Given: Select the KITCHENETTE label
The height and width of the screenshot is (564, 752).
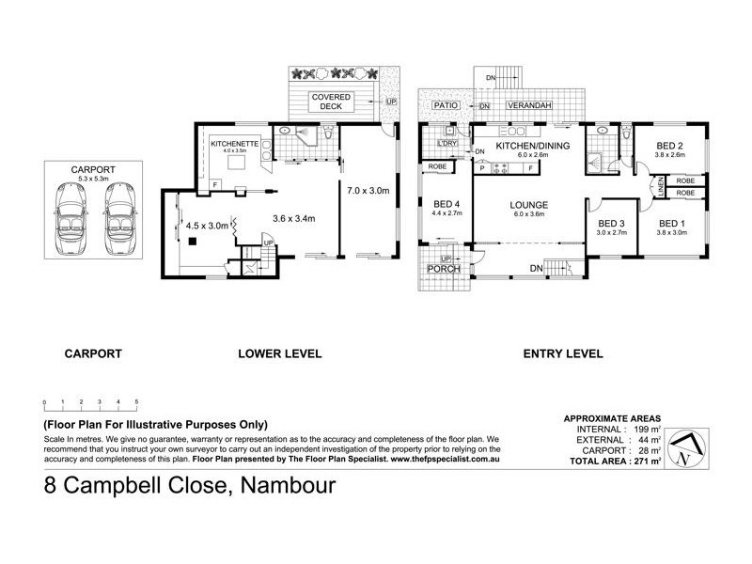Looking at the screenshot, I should click(228, 144).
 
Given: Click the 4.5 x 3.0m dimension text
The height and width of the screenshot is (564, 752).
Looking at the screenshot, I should click(208, 226).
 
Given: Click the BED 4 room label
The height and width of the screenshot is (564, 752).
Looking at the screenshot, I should click(446, 204).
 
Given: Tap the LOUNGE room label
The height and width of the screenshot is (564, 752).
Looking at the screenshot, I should click(528, 204).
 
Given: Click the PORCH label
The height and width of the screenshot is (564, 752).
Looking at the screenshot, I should click(441, 269).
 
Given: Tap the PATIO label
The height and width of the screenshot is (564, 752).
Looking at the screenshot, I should click(445, 106).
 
